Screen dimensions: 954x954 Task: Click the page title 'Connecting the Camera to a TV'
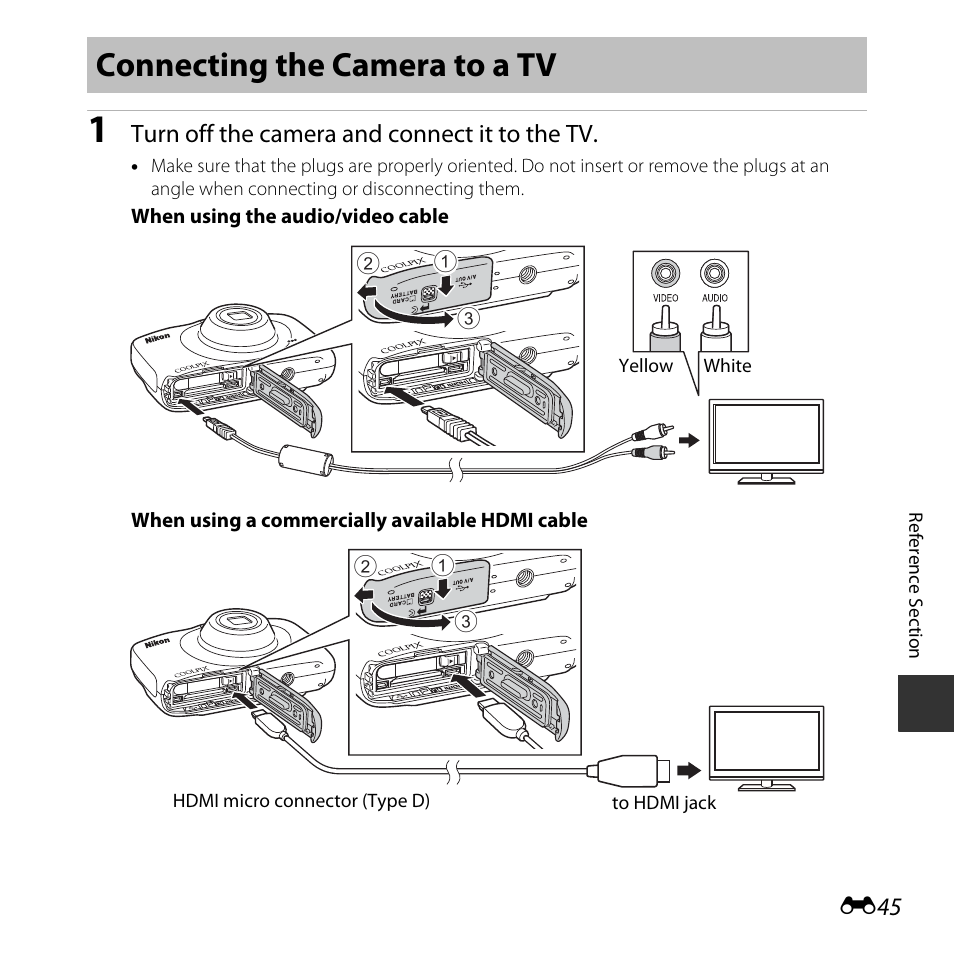(326, 66)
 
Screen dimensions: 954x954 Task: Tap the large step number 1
(97, 131)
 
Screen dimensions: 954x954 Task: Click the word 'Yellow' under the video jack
(645, 366)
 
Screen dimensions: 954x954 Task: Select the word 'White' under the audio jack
(727, 366)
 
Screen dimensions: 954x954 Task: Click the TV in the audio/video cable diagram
(766, 437)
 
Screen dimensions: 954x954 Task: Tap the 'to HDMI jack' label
(664, 803)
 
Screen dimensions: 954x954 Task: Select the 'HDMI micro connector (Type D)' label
(301, 801)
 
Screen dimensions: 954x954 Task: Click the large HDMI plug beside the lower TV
(628, 771)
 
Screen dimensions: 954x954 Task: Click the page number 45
(890, 906)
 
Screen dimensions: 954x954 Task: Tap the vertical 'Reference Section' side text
(913, 585)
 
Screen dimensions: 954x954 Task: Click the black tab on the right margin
(925, 703)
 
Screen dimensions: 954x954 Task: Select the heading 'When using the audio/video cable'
(290, 217)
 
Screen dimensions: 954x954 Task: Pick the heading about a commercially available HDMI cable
(359, 520)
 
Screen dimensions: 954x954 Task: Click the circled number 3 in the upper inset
(464, 318)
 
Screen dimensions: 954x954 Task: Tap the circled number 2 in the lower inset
(367, 565)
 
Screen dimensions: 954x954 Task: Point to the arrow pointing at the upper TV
(689, 440)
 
